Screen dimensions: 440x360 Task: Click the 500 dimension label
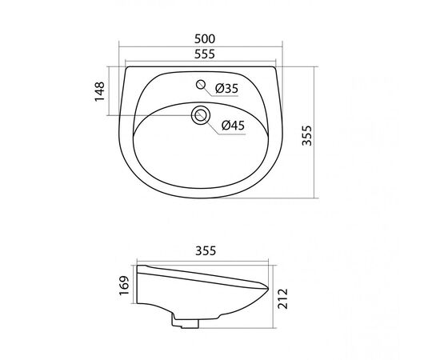(205, 38)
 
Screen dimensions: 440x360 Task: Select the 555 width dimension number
(205, 54)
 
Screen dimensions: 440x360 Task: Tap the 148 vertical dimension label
(100, 91)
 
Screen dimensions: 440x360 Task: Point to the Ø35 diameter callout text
(226, 88)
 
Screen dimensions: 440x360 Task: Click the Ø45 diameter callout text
(233, 125)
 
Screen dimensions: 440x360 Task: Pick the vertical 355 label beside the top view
(306, 135)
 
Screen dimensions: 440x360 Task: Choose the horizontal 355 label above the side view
(206, 250)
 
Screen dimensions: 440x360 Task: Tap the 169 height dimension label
(124, 286)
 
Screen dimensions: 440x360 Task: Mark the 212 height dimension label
(283, 298)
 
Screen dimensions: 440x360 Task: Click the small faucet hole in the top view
(201, 84)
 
